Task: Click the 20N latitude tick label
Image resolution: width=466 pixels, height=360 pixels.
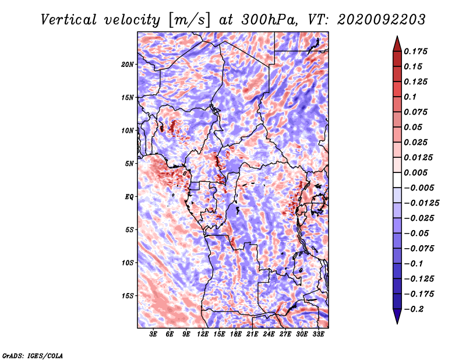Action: coord(127,65)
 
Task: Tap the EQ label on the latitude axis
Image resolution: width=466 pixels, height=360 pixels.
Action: coord(129,197)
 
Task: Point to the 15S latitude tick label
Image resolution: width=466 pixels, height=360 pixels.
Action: coord(127,296)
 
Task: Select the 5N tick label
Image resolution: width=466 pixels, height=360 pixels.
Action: coord(129,164)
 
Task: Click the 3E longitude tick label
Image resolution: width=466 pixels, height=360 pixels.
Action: coord(153,334)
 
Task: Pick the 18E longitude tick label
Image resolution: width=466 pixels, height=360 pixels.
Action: coord(236,334)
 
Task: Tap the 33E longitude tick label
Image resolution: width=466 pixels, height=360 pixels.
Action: coord(318,334)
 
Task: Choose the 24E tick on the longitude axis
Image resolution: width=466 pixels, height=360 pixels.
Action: coord(269,334)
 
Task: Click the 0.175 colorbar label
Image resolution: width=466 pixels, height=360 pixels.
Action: coord(415,51)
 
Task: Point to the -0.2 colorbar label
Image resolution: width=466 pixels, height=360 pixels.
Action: coord(414,309)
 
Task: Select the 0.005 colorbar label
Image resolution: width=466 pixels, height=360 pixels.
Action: coord(415,172)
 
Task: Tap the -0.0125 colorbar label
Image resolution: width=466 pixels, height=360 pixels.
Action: coord(421,203)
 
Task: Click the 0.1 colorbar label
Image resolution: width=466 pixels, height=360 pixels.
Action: coord(410,97)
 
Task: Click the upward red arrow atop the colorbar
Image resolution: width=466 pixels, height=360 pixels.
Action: coord(397,44)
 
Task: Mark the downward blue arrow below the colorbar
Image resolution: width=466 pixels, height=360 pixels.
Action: coord(397,316)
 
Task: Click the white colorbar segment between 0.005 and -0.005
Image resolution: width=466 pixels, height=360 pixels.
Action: coord(397,180)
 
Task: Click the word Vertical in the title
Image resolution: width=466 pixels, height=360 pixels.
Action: coord(69,20)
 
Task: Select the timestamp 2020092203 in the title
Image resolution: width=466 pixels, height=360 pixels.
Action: coord(382,20)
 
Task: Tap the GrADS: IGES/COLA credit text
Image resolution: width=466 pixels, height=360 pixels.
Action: coord(33,356)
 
